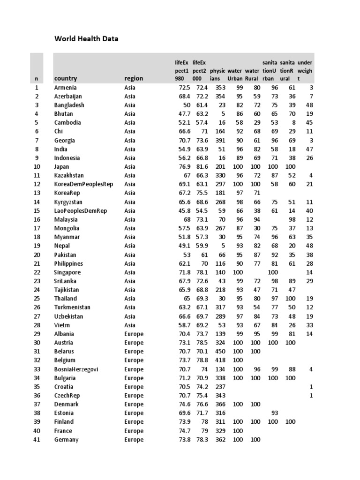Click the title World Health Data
[x=86, y=39]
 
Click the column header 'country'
[x=66, y=79]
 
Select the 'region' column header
[x=134, y=79]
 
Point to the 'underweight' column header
[x=305, y=71]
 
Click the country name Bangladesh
[x=69, y=105]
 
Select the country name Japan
[x=62, y=166]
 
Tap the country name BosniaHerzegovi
[x=76, y=369]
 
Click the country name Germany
[x=66, y=440]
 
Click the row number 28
[x=37, y=325]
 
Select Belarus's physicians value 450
[x=220, y=352]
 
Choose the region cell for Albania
[x=134, y=334]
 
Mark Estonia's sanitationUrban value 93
[x=275, y=413]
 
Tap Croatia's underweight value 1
[x=311, y=387]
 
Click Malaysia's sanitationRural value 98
[x=292, y=219]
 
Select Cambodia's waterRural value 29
[x=256, y=123]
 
